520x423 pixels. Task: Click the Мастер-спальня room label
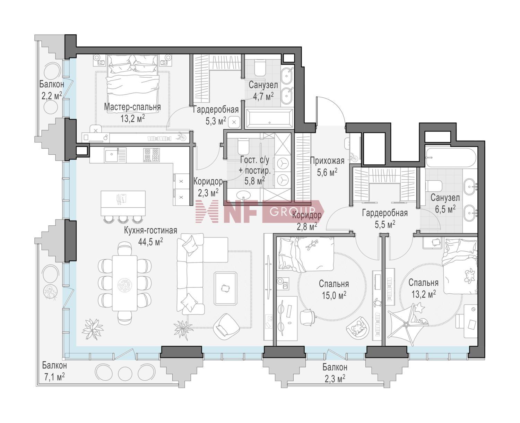pyautogui.click(x=132, y=107)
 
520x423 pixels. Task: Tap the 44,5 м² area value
pyautogui.click(x=150, y=242)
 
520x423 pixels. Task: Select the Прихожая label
pyautogui.click(x=327, y=161)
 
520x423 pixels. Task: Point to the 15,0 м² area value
pyautogui.click(x=334, y=295)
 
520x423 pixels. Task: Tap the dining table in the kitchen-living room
pyautogui.click(x=124, y=283)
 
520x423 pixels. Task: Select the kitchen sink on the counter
pyautogui.click(x=112, y=155)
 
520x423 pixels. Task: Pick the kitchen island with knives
pyautogui.click(x=123, y=203)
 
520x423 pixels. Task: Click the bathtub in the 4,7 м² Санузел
pyautogui.click(x=269, y=118)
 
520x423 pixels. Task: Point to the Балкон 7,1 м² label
pyautogui.click(x=54, y=371)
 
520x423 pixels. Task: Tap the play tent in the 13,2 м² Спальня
pyautogui.click(x=407, y=324)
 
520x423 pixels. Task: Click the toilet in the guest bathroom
pyautogui.click(x=242, y=146)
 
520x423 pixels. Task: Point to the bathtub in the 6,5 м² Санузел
pyautogui.click(x=451, y=157)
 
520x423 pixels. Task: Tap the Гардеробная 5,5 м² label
pyautogui.click(x=385, y=218)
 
